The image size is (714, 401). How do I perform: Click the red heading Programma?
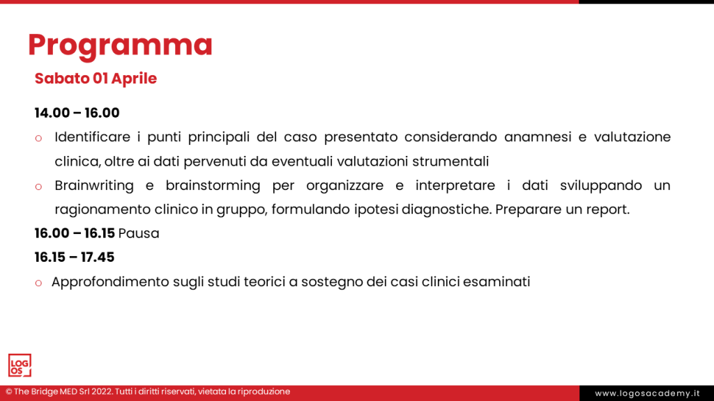pyautogui.click(x=120, y=45)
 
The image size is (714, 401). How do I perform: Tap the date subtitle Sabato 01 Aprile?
pyautogui.click(x=96, y=79)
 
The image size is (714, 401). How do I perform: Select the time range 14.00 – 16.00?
pyautogui.click(x=77, y=113)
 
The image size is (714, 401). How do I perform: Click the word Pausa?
pyautogui.click(x=139, y=233)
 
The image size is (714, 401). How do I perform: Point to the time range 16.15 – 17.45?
pyautogui.click(x=75, y=258)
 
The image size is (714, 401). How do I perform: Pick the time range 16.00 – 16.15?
pyautogui.click(x=75, y=233)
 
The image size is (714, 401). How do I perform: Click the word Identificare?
pyautogui.click(x=93, y=137)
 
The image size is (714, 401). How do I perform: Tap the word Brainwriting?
pyautogui.click(x=94, y=185)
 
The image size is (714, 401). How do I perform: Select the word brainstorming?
pyautogui.click(x=213, y=185)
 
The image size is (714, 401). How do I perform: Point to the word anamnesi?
pyautogui.click(x=538, y=137)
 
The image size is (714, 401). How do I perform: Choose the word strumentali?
pyautogui.click(x=450, y=162)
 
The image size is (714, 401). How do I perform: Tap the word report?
pyautogui.click(x=607, y=210)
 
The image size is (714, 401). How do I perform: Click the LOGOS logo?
pyautogui.click(x=20, y=365)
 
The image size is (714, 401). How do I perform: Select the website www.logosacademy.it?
pyautogui.click(x=647, y=393)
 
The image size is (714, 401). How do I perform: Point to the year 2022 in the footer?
pyautogui.click(x=102, y=391)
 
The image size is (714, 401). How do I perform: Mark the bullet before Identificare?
pyautogui.click(x=38, y=139)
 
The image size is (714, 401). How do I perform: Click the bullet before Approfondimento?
pyautogui.click(x=38, y=283)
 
